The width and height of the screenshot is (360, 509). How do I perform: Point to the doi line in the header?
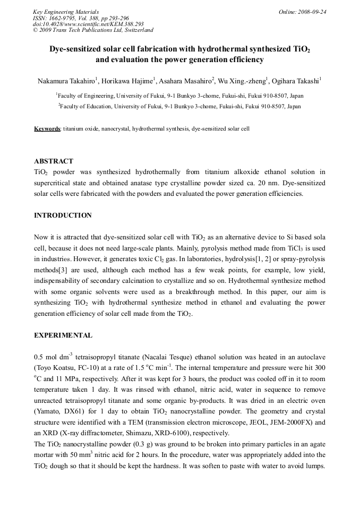[88, 24]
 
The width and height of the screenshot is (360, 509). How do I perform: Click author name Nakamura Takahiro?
[66, 81]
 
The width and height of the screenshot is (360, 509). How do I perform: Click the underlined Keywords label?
[47, 129]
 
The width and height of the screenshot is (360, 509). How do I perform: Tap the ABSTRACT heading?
[54, 161]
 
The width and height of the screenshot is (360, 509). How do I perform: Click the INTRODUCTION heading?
[63, 215]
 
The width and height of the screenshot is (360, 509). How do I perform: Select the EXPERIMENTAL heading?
[63, 335]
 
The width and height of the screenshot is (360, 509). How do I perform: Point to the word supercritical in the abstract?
[55, 183]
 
